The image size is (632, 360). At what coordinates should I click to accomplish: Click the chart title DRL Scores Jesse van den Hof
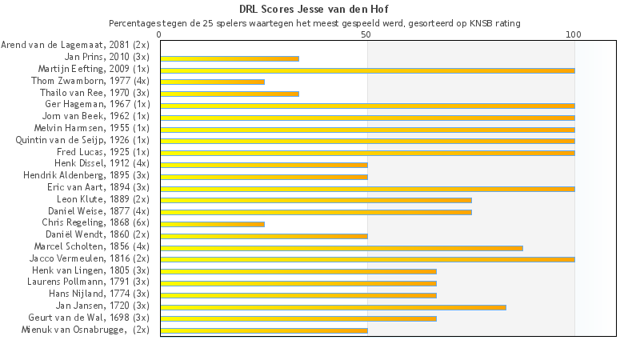pos(315,10)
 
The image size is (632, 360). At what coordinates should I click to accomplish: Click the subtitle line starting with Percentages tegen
pos(315,23)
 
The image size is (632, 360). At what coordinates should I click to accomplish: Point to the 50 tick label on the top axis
pos(366,35)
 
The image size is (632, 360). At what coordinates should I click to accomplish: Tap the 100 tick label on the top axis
pos(574,35)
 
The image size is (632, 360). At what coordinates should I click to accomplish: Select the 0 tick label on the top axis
pos(160,35)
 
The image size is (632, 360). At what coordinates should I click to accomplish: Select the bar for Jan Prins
pos(230,58)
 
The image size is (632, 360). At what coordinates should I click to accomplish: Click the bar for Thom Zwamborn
pos(212,82)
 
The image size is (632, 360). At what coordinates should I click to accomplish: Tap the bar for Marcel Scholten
pos(342,247)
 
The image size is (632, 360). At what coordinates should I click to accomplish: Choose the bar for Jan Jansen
pos(333,306)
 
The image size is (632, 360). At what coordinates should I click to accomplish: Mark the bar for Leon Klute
pos(316,200)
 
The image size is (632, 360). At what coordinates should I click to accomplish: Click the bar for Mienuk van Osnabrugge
pos(264,330)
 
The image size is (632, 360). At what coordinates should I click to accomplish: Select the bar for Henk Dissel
pos(264,165)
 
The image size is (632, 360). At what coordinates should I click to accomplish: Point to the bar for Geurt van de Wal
pos(298,318)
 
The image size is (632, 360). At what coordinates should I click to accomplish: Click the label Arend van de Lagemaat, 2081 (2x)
pos(75,46)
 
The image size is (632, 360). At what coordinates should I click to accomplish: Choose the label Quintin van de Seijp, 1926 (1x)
pos(82,140)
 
